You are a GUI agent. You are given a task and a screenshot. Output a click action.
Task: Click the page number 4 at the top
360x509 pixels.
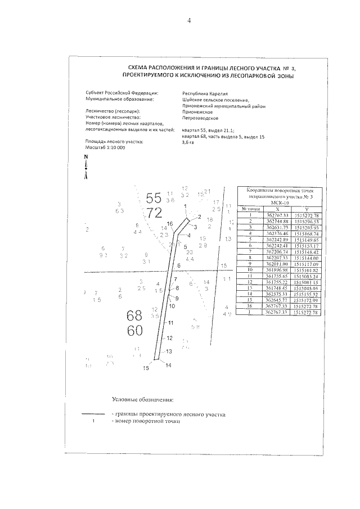[190, 21]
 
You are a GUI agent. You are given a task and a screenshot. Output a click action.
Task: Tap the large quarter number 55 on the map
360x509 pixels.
[154, 198]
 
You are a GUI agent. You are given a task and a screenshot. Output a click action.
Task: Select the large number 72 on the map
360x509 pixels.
[154, 212]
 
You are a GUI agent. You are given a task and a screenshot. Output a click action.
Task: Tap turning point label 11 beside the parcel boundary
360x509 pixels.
[170, 323]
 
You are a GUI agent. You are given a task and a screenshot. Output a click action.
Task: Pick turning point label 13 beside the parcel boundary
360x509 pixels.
[168, 351]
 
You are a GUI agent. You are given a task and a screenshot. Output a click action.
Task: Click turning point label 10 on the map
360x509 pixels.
[172, 306]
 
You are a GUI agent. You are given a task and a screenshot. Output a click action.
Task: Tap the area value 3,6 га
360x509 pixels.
[188, 143]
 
